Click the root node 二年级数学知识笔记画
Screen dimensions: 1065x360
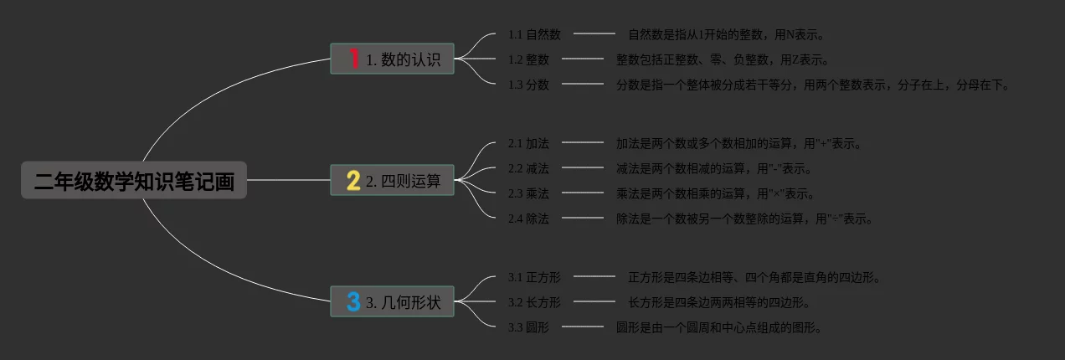(x=134, y=180)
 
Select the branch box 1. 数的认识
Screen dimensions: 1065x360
(x=392, y=59)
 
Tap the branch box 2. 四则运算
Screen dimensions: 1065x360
(x=392, y=180)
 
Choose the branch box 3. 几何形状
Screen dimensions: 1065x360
(x=392, y=301)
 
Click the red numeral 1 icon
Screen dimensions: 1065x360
(x=353, y=59)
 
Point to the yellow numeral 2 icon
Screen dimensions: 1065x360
(x=353, y=180)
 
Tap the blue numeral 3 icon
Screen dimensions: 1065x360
(x=353, y=301)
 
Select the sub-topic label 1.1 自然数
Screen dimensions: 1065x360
(x=534, y=34)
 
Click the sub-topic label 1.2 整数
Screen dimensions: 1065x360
(x=528, y=59)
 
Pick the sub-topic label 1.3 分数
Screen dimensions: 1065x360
(x=528, y=85)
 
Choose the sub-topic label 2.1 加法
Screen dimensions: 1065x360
(x=528, y=143)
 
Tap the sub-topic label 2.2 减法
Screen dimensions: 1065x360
(x=528, y=168)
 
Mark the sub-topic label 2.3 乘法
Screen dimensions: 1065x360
(x=528, y=193)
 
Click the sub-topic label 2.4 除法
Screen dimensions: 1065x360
(x=528, y=219)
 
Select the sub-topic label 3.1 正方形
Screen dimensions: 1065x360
(x=534, y=277)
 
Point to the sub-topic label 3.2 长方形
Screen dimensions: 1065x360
(x=534, y=302)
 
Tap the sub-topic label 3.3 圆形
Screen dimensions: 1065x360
(x=528, y=327)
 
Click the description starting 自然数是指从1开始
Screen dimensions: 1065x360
(x=727, y=34)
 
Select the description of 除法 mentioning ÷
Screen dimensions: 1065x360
(x=745, y=219)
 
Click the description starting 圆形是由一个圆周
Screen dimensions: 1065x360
(x=718, y=327)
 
